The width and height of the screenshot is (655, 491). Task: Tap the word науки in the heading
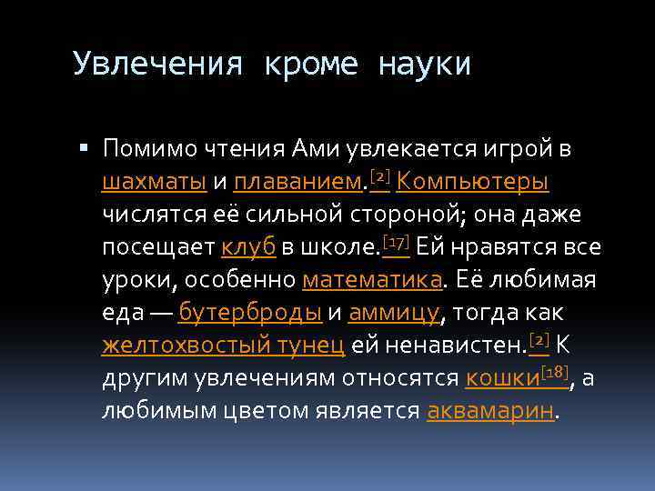[423, 65]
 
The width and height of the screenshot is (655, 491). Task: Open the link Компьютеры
[472, 182]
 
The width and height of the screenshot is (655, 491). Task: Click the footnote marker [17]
[396, 241]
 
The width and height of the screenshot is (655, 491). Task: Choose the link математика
[372, 280]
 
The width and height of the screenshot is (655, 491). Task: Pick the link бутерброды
[250, 313]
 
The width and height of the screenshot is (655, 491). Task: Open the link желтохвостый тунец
[223, 346]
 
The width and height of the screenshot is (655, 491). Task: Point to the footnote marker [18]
[557, 372]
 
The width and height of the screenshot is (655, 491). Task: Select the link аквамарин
[489, 411]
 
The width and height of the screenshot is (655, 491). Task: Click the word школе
[336, 247]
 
